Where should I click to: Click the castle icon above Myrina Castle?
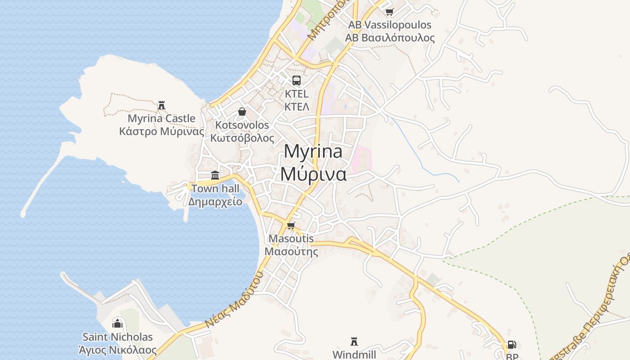pos(162,105)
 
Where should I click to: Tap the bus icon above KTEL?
pos(297,81)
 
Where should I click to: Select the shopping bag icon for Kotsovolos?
pos(242,112)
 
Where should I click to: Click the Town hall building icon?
pos(215,175)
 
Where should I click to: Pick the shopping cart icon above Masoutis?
pos(291,225)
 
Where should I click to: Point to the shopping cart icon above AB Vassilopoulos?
pos(389,12)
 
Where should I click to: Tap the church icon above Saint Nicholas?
pos(117,323)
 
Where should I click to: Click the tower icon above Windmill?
pos(354,341)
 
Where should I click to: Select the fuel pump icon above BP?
pos(512,345)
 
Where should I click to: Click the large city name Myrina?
pos(313,152)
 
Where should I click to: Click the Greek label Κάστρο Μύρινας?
pos(162,131)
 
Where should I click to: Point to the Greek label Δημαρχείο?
pos(215,201)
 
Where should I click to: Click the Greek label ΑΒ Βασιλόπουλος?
pos(390,38)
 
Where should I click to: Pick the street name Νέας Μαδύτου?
pos(234,300)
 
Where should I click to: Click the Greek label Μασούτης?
pos(291,251)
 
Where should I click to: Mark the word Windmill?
pos(354,355)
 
